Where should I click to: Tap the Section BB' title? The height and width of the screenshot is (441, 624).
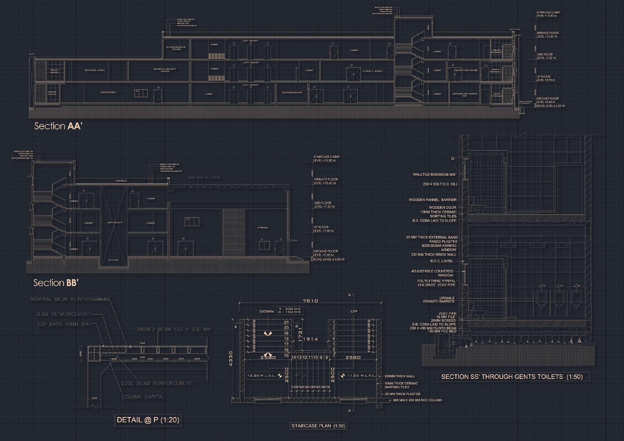coord(56,283)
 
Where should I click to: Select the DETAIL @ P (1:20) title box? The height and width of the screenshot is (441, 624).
coord(148,420)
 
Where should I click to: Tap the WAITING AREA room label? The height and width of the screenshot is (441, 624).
coord(94,70)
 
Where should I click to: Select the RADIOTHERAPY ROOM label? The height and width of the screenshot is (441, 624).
coord(165,70)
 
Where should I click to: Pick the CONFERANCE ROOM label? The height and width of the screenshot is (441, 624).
coord(176,48)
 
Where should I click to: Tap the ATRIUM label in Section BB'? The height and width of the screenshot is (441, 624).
coord(263,228)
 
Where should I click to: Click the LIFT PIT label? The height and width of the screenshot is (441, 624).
coord(113,260)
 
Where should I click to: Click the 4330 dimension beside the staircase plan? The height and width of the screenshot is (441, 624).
coord(231,358)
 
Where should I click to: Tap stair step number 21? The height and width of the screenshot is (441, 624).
coord(286,322)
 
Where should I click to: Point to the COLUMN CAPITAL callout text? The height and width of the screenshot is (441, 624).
coord(143,397)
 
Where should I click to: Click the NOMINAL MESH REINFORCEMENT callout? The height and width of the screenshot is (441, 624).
coord(70,299)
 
